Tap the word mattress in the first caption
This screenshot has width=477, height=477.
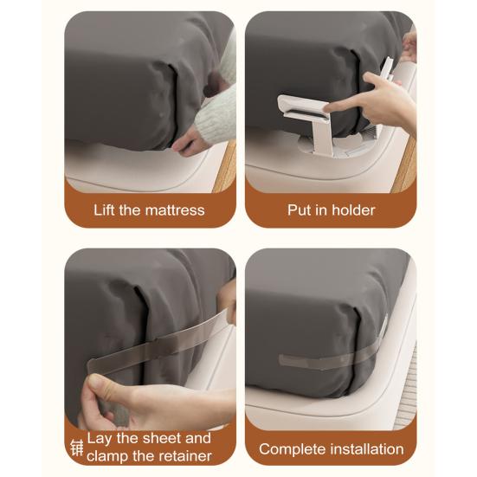(175, 210)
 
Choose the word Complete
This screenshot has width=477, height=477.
(292, 449)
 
